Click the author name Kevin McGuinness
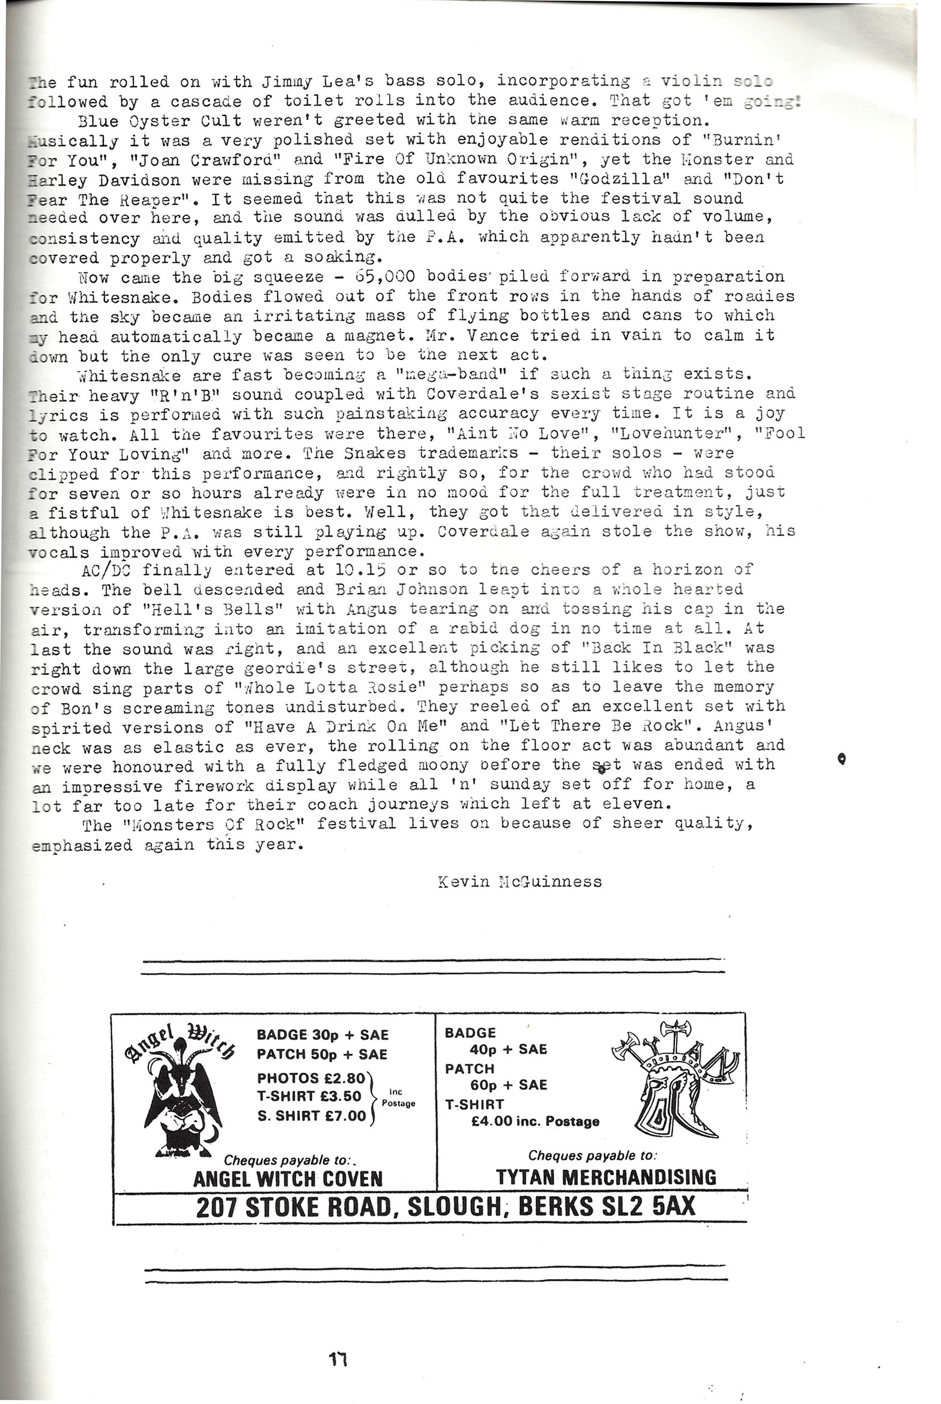pos(519,882)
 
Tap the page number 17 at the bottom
pos(338,1338)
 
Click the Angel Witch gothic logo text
pos(180,1042)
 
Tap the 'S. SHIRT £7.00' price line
pos(311,1116)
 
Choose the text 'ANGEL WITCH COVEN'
pos(288,1179)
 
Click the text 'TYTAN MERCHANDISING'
pos(606,1177)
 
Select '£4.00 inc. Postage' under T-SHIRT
pos(535,1122)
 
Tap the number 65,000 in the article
pos(383,276)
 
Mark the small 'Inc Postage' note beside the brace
pos(398,1098)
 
